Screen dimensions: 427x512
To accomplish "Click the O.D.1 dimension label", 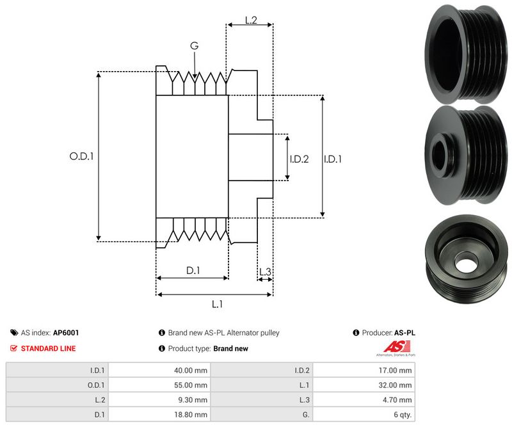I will (x=81, y=156).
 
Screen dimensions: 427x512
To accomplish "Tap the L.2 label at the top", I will (x=251, y=21).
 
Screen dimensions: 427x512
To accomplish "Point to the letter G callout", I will (x=194, y=46).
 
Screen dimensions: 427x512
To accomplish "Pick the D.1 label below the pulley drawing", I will (x=193, y=271).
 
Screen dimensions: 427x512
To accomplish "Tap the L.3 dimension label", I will (x=265, y=273).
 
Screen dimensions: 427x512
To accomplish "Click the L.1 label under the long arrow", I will (x=217, y=304).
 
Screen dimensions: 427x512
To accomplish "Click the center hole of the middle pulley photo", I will (x=442, y=152).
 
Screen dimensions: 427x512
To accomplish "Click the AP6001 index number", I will (x=66, y=333).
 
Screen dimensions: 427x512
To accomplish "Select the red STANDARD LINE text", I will (x=48, y=348).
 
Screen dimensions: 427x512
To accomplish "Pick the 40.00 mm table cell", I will (x=191, y=370).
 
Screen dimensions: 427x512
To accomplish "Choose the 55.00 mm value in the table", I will (x=191, y=385).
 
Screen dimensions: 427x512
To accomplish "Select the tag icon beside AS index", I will (x=14, y=333).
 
